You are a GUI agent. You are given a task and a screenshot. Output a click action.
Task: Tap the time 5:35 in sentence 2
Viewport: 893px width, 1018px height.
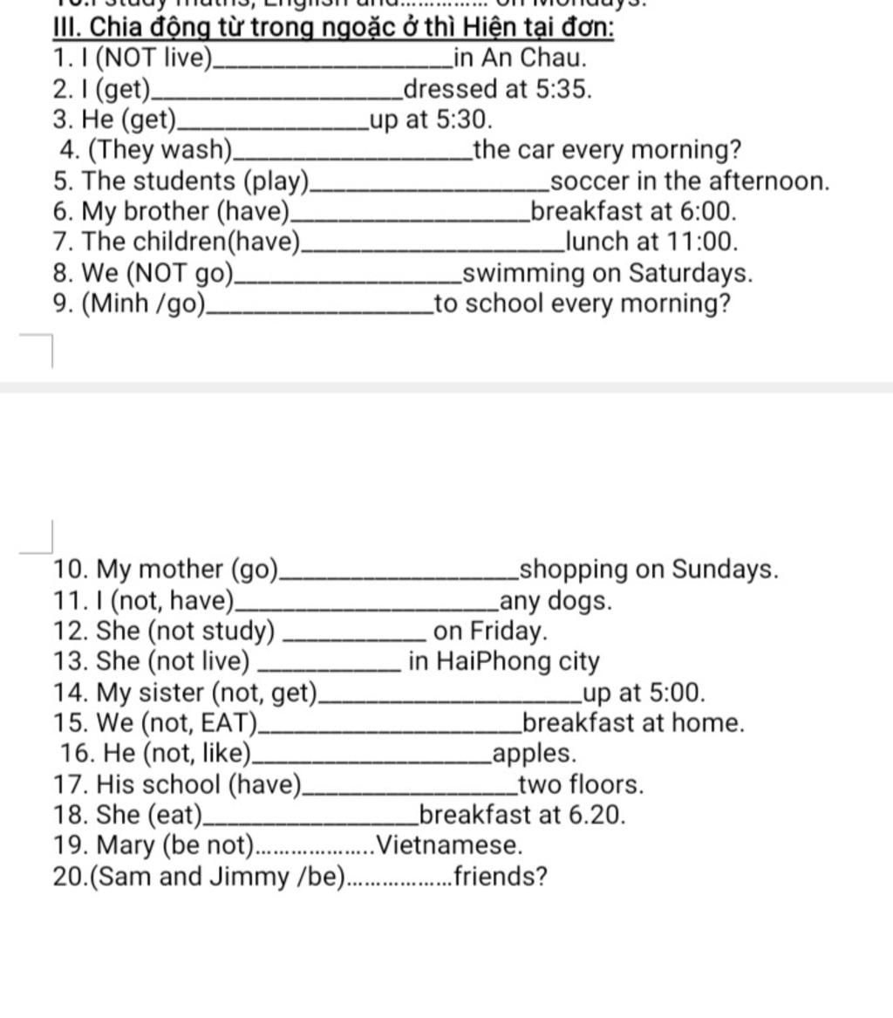(562, 89)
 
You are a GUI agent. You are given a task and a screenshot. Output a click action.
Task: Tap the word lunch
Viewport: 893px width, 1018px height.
(597, 243)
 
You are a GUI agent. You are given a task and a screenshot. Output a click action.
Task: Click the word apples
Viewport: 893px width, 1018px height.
(535, 754)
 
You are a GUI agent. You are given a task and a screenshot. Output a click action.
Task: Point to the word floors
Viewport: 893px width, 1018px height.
(606, 784)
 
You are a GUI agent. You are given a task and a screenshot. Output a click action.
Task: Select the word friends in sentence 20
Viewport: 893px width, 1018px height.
(501, 876)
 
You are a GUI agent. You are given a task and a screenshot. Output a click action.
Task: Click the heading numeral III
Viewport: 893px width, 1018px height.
(66, 28)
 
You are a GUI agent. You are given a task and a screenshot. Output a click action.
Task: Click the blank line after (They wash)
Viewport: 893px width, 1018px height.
(353, 154)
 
